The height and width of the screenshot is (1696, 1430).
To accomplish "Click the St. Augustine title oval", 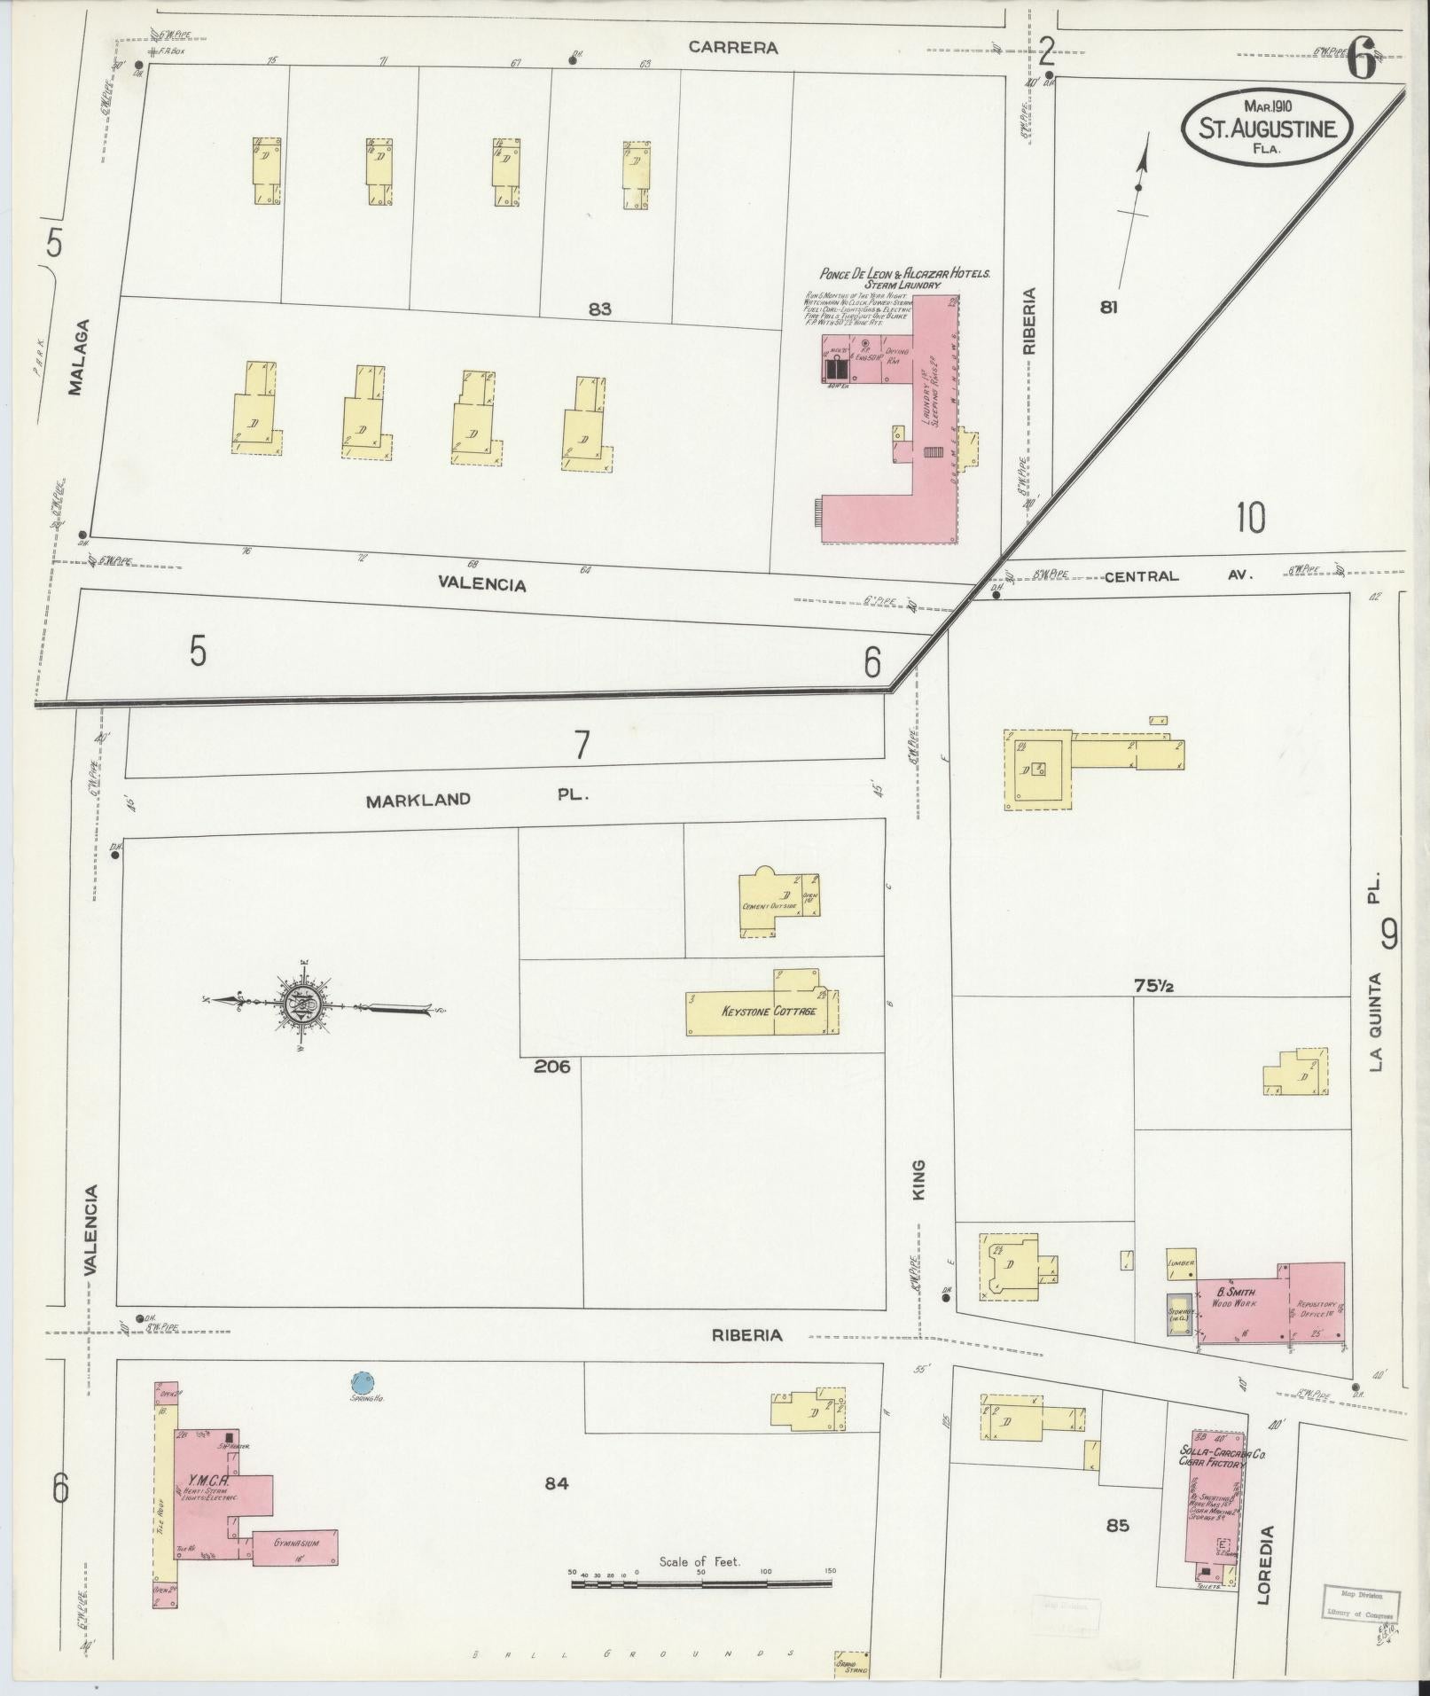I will pos(1266,127).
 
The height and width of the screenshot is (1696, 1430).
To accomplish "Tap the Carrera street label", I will pos(734,48).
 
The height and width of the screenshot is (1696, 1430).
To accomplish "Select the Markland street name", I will pos(418,800).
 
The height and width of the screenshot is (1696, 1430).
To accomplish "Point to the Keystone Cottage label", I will pos(769,1011).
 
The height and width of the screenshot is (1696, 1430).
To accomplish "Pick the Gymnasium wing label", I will pos(297,1543).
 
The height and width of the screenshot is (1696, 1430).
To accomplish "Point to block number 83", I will pos(599,309).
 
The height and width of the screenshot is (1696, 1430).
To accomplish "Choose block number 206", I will pos(551,1067).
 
